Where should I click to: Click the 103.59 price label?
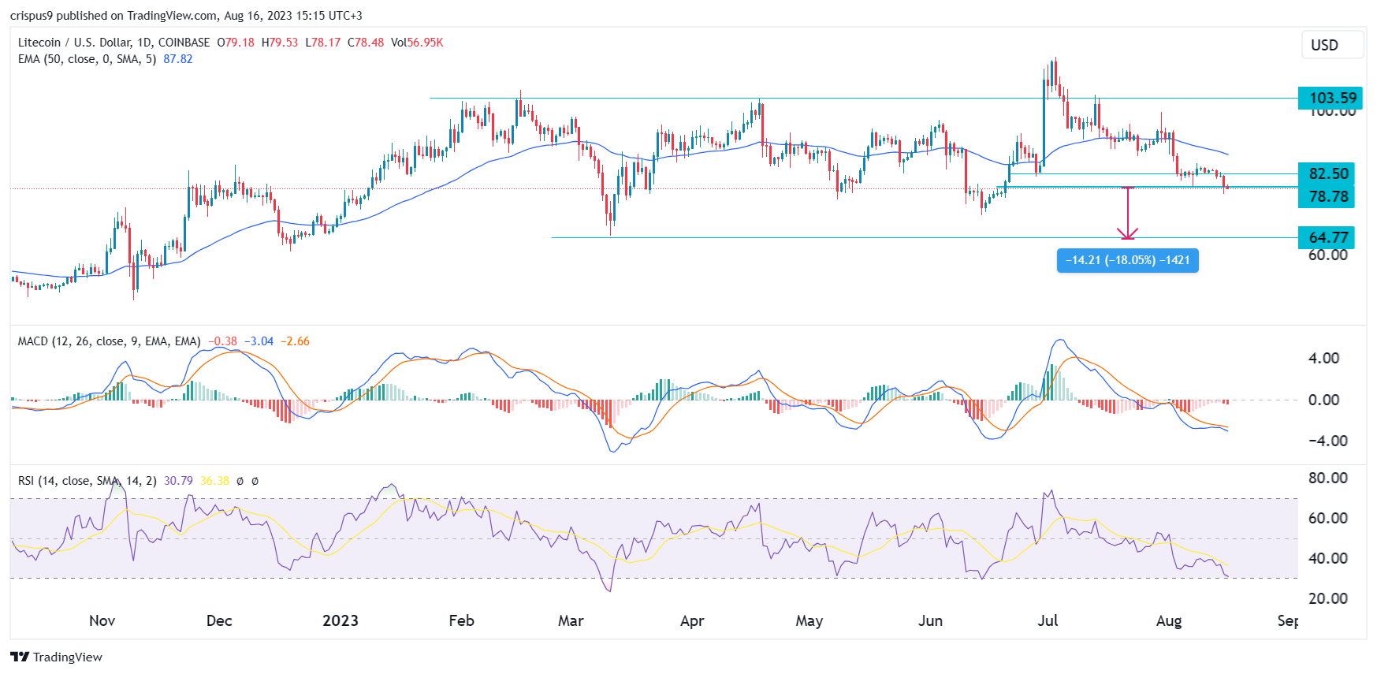(x=1332, y=98)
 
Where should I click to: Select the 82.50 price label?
(x=1328, y=173)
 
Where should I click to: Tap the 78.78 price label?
(x=1328, y=196)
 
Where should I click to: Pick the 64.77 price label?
(x=1328, y=237)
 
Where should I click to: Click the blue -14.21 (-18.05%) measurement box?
(x=1127, y=260)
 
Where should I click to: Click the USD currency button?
(x=1332, y=45)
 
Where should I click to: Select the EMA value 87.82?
(x=177, y=59)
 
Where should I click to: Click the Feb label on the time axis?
(x=461, y=620)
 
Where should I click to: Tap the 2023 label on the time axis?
(x=341, y=620)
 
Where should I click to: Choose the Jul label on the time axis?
(x=1048, y=620)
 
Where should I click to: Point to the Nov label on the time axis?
(x=102, y=620)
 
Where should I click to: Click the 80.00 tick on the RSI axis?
(x=1327, y=478)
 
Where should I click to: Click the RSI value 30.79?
(x=178, y=481)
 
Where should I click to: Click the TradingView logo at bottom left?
(x=57, y=657)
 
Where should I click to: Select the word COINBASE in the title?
(x=184, y=43)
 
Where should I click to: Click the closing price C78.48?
(x=366, y=43)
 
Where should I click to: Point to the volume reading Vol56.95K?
(x=417, y=43)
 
